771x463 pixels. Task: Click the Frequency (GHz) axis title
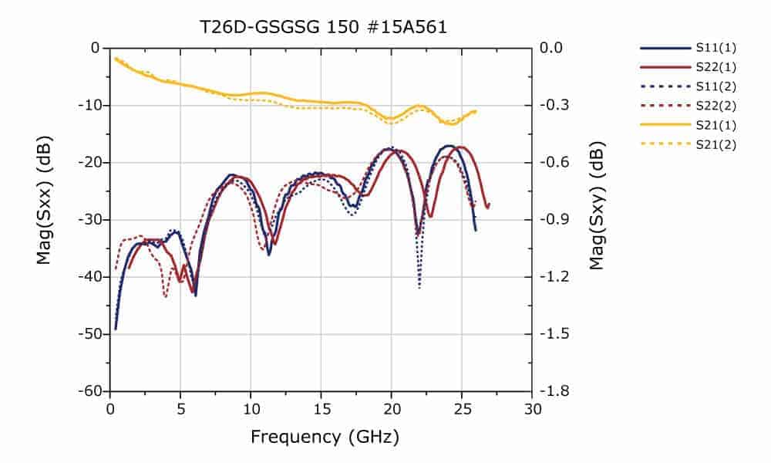pos(325,438)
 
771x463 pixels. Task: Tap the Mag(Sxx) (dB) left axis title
pos(45,219)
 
